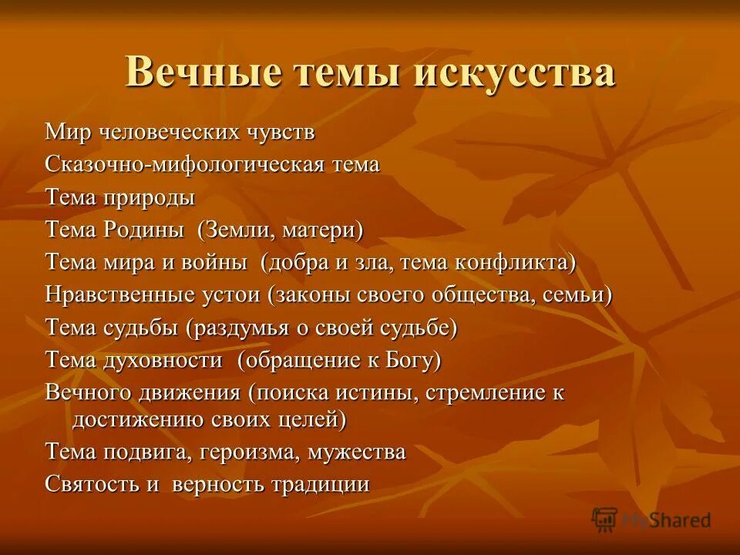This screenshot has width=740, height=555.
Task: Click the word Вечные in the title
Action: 197,73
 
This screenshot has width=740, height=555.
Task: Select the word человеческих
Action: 178,132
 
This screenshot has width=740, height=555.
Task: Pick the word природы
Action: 149,198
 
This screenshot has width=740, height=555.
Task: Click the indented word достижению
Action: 140,420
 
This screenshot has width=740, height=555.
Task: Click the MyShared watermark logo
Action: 651,519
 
